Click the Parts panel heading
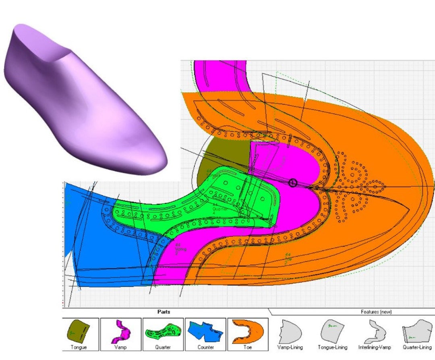coord(164,312)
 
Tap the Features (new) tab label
coord(376,312)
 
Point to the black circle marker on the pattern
coord(293,183)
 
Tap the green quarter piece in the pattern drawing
coord(193,201)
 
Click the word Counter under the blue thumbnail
coord(205,347)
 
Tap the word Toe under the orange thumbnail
coord(248,347)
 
